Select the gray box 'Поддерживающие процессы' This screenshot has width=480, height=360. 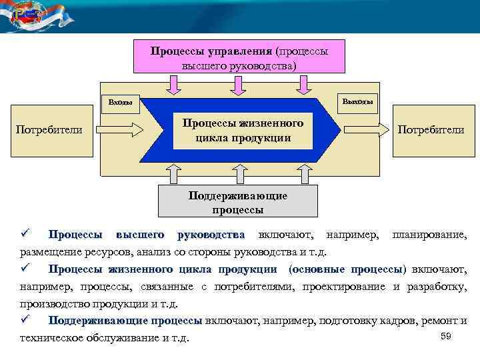tap(237, 202)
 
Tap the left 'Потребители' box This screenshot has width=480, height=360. tap(48, 129)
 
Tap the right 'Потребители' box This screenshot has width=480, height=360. tap(431, 129)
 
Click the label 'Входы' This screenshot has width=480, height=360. tap(120, 103)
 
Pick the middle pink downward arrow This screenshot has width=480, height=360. tap(238, 85)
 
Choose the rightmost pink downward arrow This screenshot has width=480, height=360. tap(304, 85)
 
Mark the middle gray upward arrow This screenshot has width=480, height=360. tap(238, 173)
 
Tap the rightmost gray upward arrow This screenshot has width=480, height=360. tap(304, 173)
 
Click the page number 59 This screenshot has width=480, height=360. tap(446, 336)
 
